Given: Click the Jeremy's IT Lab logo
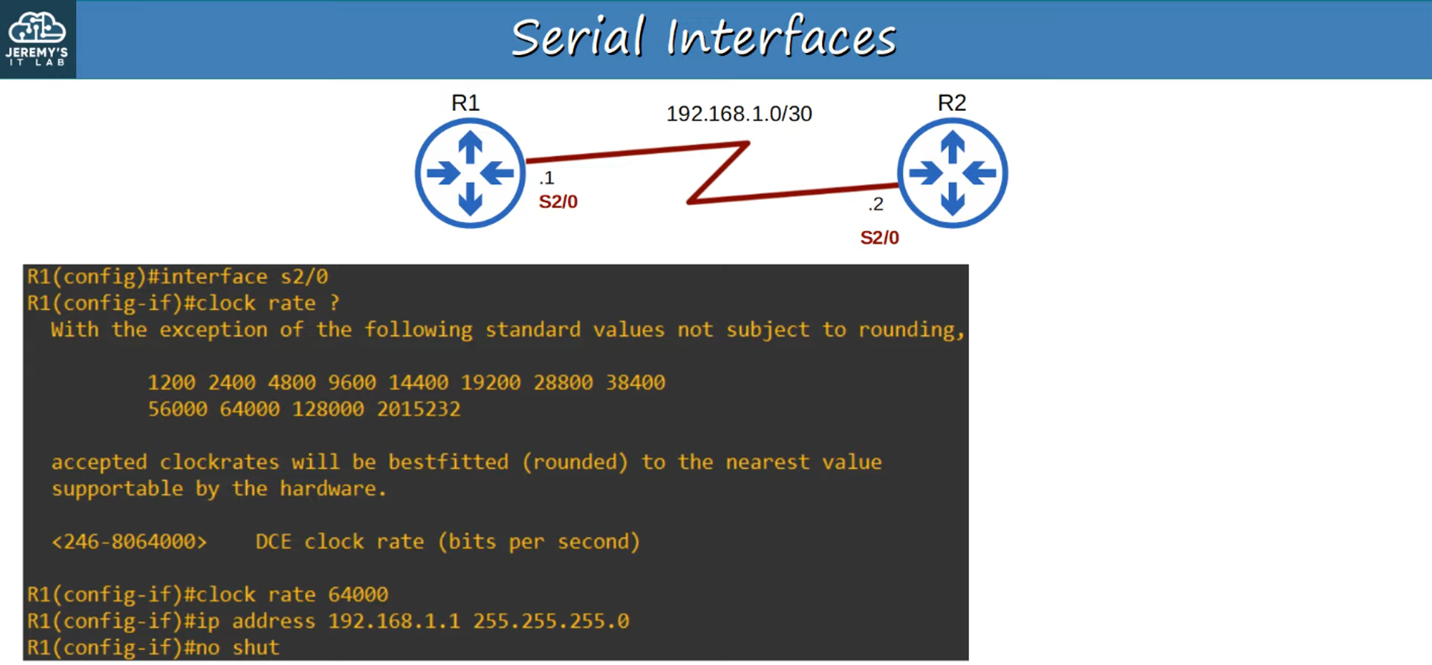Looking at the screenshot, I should click(x=37, y=39).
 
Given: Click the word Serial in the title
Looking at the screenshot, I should click(x=577, y=37).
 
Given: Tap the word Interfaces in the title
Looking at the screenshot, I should click(x=781, y=37).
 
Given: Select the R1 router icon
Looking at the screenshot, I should click(x=470, y=173).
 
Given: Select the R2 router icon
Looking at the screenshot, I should click(x=952, y=173).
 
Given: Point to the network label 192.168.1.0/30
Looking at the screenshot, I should click(x=739, y=114).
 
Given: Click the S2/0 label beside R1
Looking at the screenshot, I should click(x=558, y=202).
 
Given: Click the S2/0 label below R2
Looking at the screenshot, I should click(x=879, y=238).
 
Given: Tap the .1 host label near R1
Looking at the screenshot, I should click(x=547, y=178).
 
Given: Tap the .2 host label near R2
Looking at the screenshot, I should click(x=876, y=205).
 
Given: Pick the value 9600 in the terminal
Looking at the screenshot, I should click(x=352, y=382).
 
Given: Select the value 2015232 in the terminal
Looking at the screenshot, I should click(x=419, y=409).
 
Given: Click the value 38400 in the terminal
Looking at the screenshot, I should click(x=636, y=382).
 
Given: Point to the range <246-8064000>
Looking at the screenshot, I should click(x=129, y=542).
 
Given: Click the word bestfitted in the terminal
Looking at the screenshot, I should click(x=448, y=462).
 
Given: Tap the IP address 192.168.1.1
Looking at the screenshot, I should click(x=394, y=621).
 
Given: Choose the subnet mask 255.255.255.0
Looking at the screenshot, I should click(x=551, y=621).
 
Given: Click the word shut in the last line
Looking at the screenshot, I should click(x=256, y=648).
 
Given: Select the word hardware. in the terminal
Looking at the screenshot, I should click(x=333, y=489).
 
